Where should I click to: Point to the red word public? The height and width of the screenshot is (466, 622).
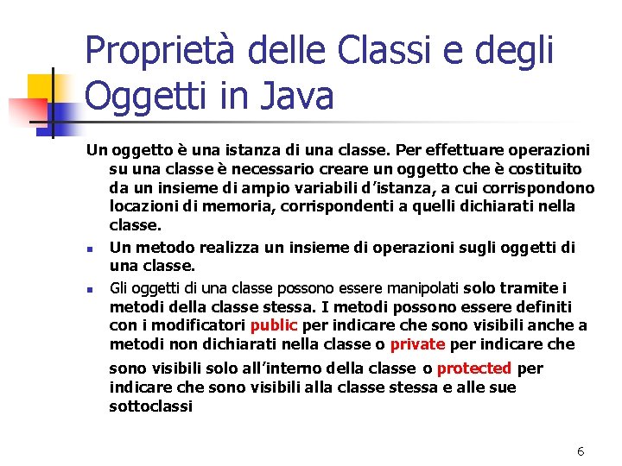click(x=273, y=325)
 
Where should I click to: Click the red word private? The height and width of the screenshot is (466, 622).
click(x=418, y=344)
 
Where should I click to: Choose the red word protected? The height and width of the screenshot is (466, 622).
click(x=473, y=368)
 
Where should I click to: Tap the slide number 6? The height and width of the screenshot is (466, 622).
click(x=581, y=451)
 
